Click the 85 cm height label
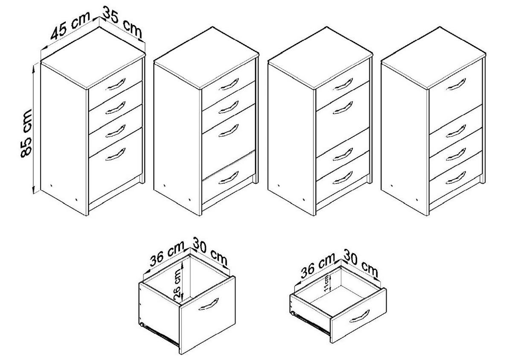[x=26, y=134]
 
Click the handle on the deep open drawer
[x=208, y=304]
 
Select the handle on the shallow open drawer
[x=359, y=316]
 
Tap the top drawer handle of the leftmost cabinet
[x=116, y=84]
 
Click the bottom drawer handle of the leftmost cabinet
[x=116, y=154]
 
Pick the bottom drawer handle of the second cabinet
[x=228, y=178]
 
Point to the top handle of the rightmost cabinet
[x=456, y=84]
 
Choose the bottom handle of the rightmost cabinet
[x=456, y=178]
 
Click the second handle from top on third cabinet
[x=343, y=108]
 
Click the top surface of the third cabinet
[x=320, y=57]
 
